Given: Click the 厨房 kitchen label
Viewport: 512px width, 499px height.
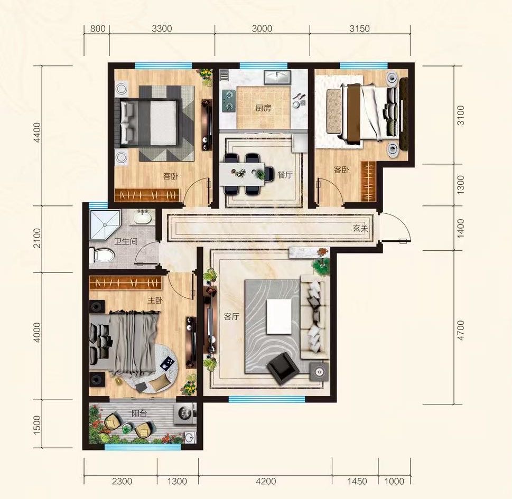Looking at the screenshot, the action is coord(263,108).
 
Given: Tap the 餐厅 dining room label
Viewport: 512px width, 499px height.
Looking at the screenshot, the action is coord(285,175).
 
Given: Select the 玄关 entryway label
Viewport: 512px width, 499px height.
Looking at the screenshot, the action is coord(360,229).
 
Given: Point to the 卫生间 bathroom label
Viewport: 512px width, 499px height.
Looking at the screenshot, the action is coord(126,242).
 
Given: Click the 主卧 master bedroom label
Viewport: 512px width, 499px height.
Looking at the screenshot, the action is coord(155,300).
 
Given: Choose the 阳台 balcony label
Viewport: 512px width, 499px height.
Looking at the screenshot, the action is coord(139,413).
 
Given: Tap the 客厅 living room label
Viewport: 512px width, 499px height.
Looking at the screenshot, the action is coord(232,317).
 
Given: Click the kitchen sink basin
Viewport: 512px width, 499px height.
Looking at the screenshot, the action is coord(277,78).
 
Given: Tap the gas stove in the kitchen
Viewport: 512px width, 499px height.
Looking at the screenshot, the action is coord(228,100).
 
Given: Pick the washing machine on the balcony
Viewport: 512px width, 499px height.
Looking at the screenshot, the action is coord(185,414).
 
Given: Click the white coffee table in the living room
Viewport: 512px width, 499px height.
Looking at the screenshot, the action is coord(279,317).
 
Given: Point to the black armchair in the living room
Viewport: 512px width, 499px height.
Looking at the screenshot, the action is coord(283,368).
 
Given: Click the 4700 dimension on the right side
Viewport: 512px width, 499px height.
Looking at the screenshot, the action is coord(460,330).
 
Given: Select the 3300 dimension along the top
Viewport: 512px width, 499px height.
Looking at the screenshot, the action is coord(162,29).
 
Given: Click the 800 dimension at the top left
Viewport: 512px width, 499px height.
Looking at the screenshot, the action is coord(98,29).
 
